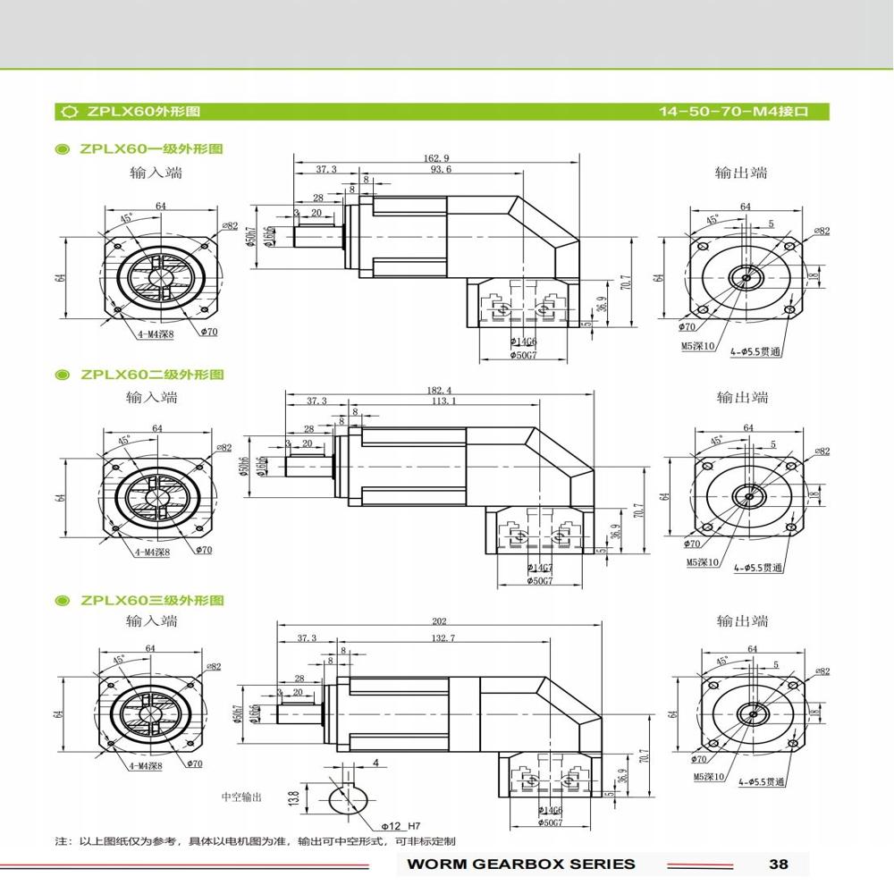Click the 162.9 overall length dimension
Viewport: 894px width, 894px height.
(436, 158)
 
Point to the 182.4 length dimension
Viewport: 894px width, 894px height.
(441, 390)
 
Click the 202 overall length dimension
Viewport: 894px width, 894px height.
(438, 621)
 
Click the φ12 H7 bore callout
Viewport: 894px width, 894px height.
(400, 826)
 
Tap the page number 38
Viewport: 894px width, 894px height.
(778, 864)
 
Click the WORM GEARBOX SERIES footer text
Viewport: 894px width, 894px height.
(520, 864)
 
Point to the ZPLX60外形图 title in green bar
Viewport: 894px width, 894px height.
(143, 112)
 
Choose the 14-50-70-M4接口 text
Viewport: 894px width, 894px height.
(733, 112)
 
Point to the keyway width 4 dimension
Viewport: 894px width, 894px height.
(375, 763)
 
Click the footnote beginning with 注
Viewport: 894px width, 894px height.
(255, 841)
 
